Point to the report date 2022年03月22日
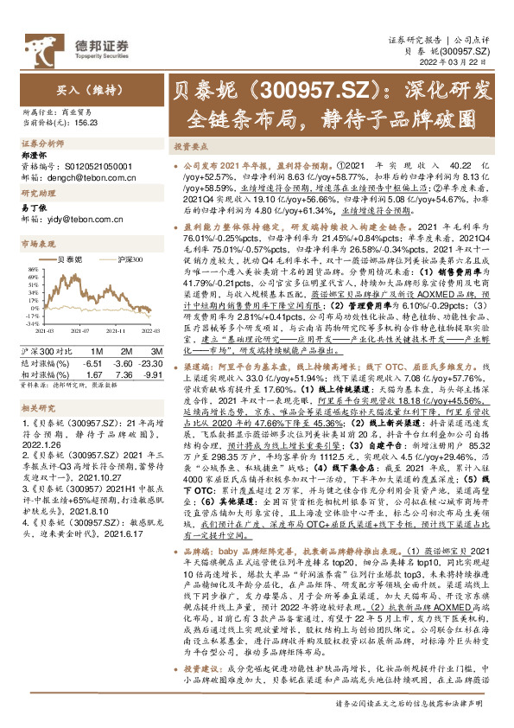tap(455, 64)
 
